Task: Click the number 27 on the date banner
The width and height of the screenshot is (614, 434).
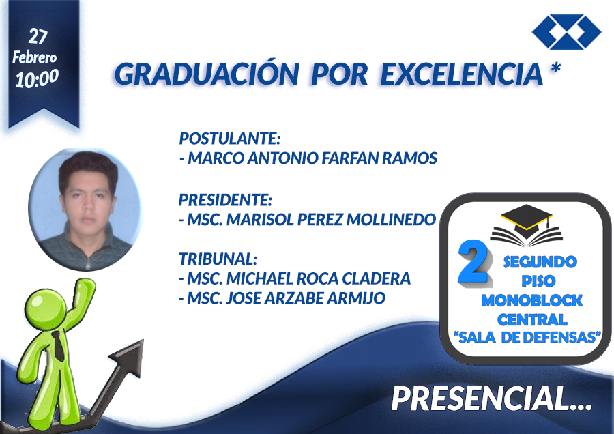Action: click(x=38, y=36)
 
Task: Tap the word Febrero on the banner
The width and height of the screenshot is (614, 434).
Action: click(x=35, y=57)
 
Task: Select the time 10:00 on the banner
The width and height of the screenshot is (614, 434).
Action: click(x=37, y=78)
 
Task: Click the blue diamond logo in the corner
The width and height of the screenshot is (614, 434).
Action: click(x=567, y=31)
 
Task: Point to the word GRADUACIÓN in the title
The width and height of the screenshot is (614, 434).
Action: click(x=207, y=74)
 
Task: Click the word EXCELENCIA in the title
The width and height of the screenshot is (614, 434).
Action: click(x=462, y=74)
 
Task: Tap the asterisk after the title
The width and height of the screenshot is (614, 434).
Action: click(x=555, y=68)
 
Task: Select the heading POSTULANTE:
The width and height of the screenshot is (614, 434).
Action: click(x=230, y=139)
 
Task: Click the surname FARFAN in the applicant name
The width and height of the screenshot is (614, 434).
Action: click(x=350, y=158)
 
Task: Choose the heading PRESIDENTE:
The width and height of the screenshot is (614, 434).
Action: click(x=225, y=200)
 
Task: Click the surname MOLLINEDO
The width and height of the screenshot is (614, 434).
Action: click(x=391, y=219)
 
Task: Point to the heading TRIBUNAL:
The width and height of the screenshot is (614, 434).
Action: click(x=218, y=259)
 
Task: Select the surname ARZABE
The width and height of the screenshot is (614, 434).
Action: click(x=293, y=298)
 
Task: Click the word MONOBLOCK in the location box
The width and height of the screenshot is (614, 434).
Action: click(x=531, y=301)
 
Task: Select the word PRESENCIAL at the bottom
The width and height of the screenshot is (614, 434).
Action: click(x=480, y=399)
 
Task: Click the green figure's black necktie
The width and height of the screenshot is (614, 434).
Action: click(x=59, y=347)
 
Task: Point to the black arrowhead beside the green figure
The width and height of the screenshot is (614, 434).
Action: click(x=129, y=356)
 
